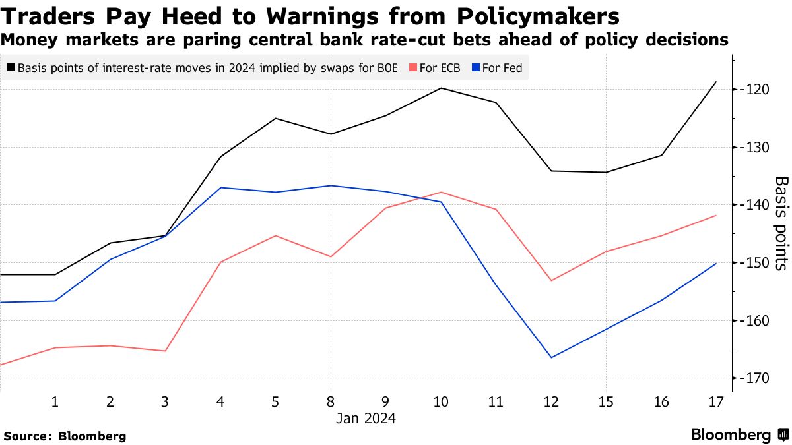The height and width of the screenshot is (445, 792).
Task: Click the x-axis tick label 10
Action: coord(440,401)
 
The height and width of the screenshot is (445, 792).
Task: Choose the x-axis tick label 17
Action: coord(715,401)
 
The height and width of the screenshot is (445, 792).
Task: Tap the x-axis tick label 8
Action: coord(330,401)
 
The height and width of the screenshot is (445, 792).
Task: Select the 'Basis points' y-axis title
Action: coord(781,223)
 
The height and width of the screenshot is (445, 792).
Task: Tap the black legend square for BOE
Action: coord(11,67)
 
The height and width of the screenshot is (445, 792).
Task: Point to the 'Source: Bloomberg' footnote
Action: coord(65,436)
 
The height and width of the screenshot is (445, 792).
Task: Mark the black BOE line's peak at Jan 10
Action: coord(440,88)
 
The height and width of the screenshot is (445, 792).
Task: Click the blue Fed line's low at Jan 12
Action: coord(550,357)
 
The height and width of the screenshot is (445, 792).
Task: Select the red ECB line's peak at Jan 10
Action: coord(440,192)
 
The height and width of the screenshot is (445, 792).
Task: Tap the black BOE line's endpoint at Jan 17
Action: coord(715,82)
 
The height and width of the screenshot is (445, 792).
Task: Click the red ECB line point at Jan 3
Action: coord(165,351)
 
